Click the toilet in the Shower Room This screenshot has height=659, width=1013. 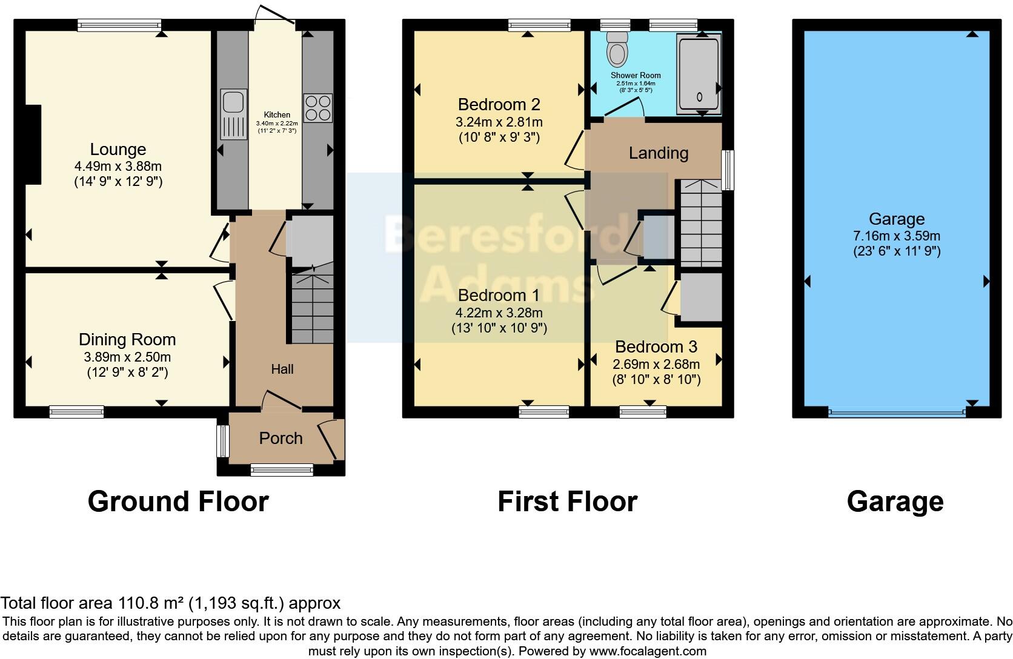(x=617, y=49)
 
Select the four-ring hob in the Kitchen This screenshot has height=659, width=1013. (x=317, y=108)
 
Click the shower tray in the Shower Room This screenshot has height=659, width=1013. (x=699, y=75)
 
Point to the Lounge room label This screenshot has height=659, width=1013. (x=118, y=150)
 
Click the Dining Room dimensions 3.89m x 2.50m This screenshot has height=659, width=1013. (x=127, y=357)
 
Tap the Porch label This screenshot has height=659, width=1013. (x=281, y=439)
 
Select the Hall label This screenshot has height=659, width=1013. (x=282, y=369)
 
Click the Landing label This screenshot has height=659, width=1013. (x=658, y=153)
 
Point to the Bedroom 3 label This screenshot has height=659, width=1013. (x=656, y=347)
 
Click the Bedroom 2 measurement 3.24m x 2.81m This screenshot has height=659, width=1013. (x=499, y=122)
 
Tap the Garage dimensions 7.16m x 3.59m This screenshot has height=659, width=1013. (x=897, y=236)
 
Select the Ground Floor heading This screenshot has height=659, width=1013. (x=178, y=502)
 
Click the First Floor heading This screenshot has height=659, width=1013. (x=567, y=502)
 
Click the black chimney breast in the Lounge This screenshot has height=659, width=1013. (x=33, y=144)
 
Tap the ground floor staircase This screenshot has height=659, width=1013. (x=313, y=309)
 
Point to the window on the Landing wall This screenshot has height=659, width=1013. (x=729, y=170)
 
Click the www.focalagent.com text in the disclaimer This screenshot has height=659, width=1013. (x=648, y=652)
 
